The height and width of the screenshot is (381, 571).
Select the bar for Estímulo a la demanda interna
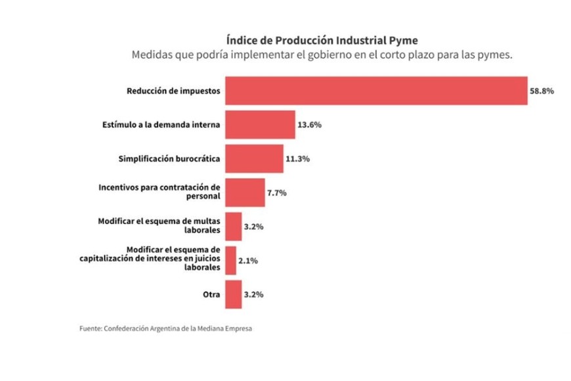260,124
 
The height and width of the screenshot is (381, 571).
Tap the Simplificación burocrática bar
254,158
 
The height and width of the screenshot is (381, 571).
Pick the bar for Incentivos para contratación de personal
245,192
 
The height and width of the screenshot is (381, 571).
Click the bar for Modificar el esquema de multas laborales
233,227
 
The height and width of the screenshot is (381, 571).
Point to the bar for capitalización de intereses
230,260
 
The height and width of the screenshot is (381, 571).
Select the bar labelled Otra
233,294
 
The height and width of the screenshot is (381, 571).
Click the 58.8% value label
542,91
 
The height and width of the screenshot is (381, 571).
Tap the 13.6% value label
309,125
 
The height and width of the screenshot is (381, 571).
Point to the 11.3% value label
297,159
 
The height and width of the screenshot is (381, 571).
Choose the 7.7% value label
277,193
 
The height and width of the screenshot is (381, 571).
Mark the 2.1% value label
247,261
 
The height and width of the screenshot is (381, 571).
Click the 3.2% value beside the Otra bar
253,295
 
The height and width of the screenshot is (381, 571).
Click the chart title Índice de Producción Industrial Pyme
322,40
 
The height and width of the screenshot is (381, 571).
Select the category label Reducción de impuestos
173,91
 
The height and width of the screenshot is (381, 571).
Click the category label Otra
212,294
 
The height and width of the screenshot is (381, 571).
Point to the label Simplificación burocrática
169,158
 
